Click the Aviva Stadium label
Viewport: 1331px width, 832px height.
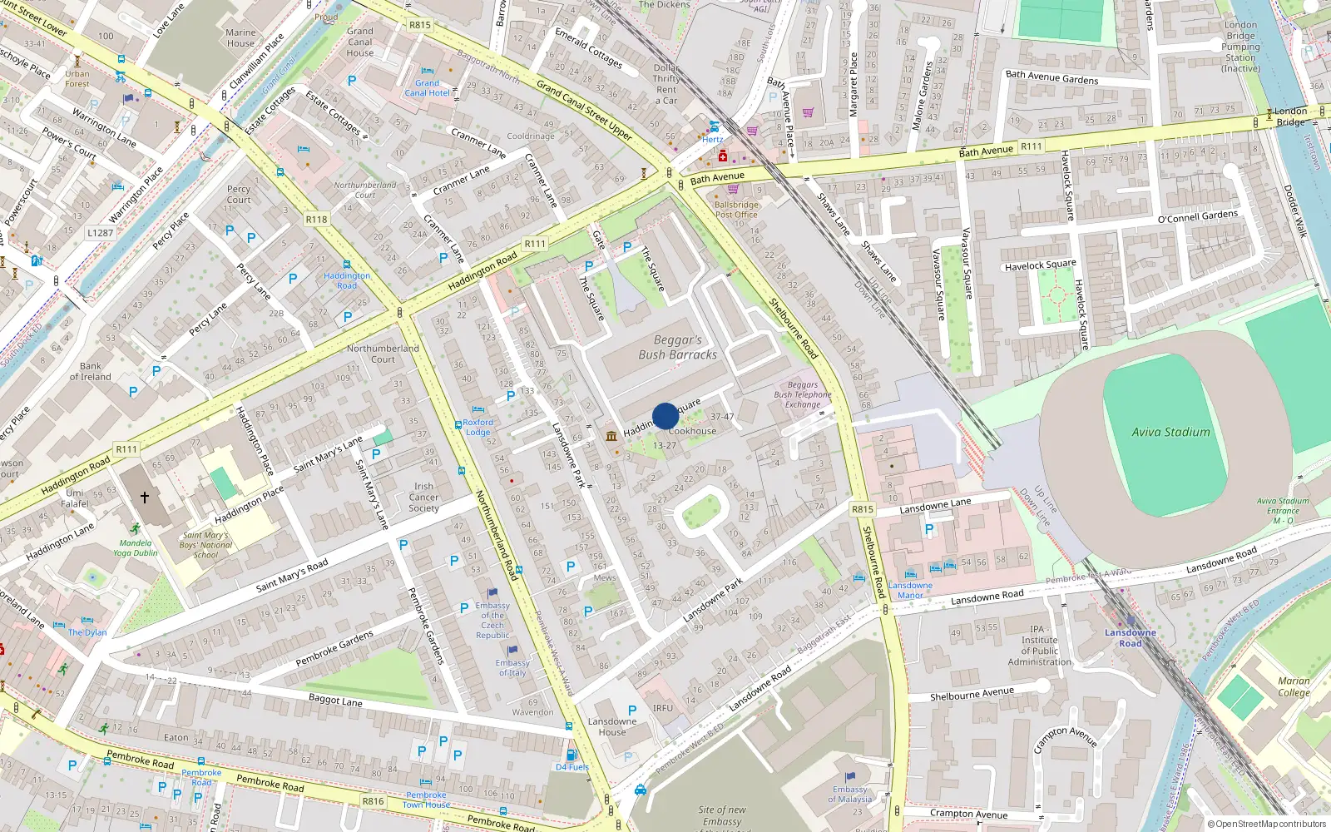1170,432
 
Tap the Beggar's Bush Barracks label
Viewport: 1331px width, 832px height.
677,347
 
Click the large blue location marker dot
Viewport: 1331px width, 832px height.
665,416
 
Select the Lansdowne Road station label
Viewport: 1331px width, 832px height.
1130,637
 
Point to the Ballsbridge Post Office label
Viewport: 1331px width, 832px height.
736,209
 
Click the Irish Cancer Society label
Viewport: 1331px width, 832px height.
423,497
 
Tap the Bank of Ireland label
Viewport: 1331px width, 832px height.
90,371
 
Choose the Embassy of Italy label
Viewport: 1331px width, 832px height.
512,667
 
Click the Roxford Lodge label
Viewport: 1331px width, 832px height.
477,427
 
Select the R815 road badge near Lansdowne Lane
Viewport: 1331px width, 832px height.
863,509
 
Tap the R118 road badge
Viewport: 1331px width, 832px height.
316,220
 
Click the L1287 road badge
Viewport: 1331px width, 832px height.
100,233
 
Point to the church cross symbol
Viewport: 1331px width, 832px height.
145,498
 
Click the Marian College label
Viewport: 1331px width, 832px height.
1294,686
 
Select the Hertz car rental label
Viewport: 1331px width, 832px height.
712,139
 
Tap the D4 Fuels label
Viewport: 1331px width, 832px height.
572,767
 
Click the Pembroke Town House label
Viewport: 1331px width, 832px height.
426,800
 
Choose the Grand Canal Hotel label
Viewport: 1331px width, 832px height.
427,87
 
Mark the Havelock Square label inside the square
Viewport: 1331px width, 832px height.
1040,265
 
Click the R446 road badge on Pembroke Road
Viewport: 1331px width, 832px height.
373,801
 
